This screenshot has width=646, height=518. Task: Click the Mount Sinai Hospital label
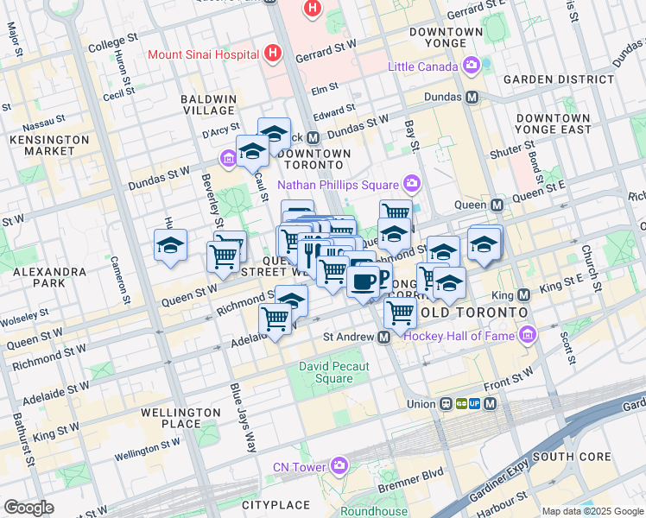[x=204, y=54]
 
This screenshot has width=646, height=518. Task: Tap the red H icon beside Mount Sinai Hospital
[x=274, y=54]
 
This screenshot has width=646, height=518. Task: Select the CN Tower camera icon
[x=339, y=467]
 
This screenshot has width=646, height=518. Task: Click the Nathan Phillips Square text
[x=337, y=185]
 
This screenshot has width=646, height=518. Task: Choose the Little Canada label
[x=424, y=66]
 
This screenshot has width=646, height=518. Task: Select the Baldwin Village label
[x=208, y=104]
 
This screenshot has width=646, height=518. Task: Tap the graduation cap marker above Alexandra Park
[x=170, y=244]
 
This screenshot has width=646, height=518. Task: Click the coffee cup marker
[x=364, y=281]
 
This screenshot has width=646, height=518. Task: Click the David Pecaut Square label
[x=333, y=372]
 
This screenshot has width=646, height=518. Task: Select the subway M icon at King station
[x=521, y=295]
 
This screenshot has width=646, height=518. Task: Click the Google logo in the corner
[x=28, y=508]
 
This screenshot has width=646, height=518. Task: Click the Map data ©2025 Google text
[x=592, y=511]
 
